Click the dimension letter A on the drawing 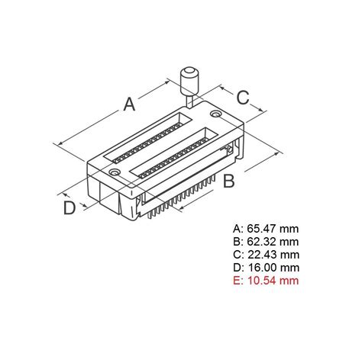pyautogui.click(x=129, y=103)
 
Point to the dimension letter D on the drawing pyautogui.click(x=69, y=207)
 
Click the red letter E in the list pyautogui.click(x=236, y=280)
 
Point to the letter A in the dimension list pyautogui.click(x=236, y=228)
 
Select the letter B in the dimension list pyautogui.click(x=236, y=241)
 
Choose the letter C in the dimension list pyautogui.click(x=236, y=254)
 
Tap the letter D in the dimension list pyautogui.click(x=236, y=267)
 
